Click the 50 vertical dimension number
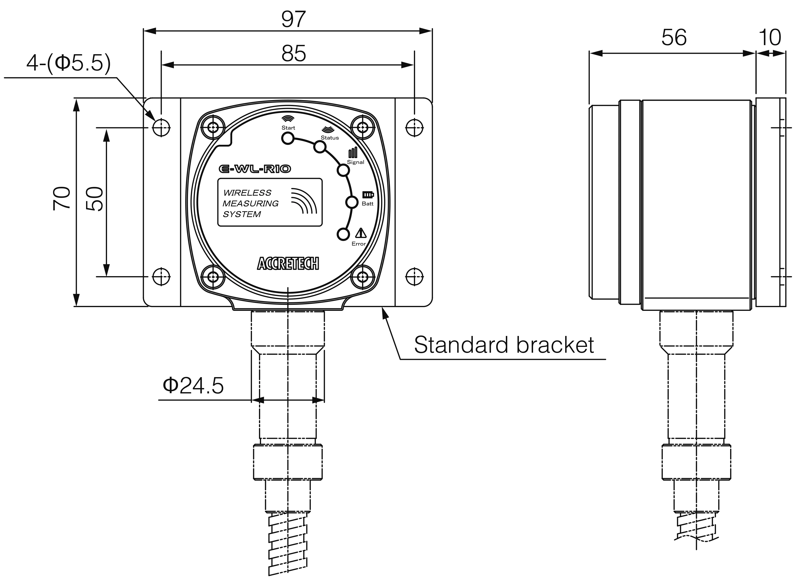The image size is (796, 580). [x=95, y=199]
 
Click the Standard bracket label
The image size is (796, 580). [x=504, y=345]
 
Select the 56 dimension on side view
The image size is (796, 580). [x=673, y=37]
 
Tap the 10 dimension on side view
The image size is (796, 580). [x=770, y=37]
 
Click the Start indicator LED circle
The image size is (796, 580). [x=288, y=139]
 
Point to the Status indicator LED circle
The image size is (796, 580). [x=319, y=147]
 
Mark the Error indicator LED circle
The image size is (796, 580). [x=343, y=234]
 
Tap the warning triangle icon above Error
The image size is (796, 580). [x=361, y=233]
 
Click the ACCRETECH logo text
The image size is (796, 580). [x=288, y=264]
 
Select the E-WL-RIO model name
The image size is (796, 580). [x=255, y=169]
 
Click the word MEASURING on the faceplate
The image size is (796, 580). [x=250, y=204]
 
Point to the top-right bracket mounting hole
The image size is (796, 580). [x=414, y=127]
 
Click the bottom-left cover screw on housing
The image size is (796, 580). [x=213, y=277]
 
